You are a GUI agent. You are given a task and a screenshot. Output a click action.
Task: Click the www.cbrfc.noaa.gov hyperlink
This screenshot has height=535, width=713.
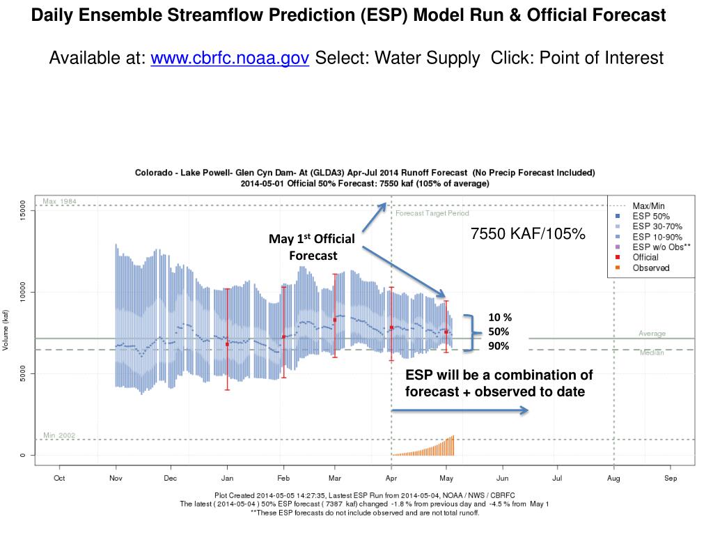pyautogui.click(x=230, y=58)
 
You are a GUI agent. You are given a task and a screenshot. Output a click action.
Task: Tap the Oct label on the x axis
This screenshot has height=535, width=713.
pyautogui.click(x=59, y=479)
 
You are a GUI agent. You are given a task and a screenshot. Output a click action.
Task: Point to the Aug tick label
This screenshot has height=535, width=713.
pyautogui.click(x=613, y=479)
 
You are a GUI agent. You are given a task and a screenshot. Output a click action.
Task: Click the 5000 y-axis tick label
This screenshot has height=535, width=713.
pyautogui.click(x=23, y=374)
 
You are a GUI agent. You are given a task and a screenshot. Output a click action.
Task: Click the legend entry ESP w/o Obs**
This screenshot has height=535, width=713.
pyautogui.click(x=661, y=247)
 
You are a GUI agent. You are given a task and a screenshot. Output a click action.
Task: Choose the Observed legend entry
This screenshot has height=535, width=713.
pyautogui.click(x=650, y=267)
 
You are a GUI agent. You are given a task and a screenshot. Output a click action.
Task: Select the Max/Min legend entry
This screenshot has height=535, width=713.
pyautogui.click(x=648, y=206)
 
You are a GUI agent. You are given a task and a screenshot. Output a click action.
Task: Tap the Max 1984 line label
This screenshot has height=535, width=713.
pyautogui.click(x=59, y=201)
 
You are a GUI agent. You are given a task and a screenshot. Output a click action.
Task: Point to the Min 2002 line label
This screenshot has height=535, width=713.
pyautogui.click(x=59, y=435)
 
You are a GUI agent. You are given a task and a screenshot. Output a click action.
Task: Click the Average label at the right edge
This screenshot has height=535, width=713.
pyautogui.click(x=652, y=334)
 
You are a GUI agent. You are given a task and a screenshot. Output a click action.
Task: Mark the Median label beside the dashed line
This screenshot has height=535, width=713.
pyautogui.click(x=652, y=353)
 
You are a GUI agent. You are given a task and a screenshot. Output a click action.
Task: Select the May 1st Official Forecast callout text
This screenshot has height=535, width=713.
pyautogui.click(x=313, y=247)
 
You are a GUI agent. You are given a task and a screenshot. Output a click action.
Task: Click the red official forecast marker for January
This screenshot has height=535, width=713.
pyautogui.click(x=227, y=344)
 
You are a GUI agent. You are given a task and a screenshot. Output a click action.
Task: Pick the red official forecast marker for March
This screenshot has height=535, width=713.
pyautogui.click(x=335, y=320)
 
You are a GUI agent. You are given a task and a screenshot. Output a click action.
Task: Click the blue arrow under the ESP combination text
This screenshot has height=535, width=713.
pyautogui.click(x=460, y=411)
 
